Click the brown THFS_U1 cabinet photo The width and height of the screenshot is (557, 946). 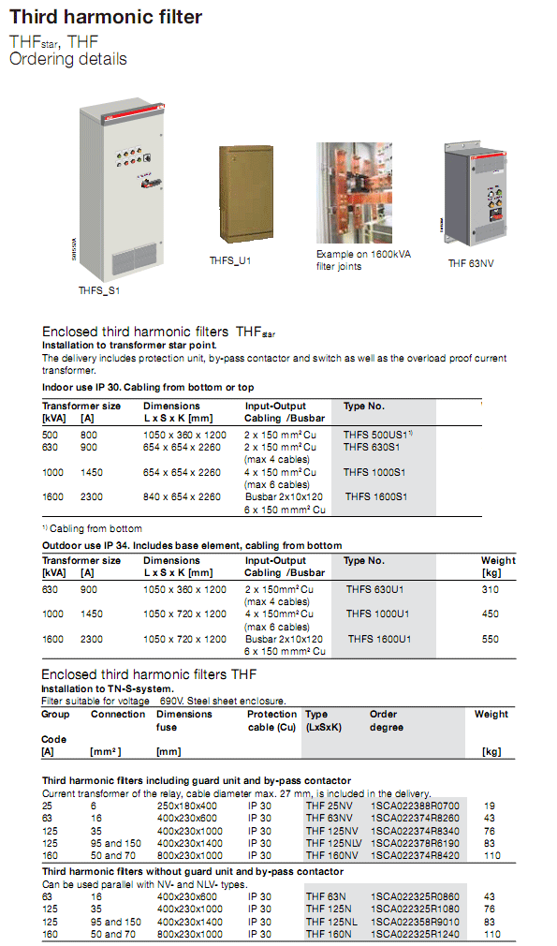pyautogui.click(x=246, y=196)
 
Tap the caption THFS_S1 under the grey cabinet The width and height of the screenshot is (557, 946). pyautogui.click(x=98, y=290)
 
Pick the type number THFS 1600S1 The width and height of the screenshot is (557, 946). pyautogui.click(x=378, y=496)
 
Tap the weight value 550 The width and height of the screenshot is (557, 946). pyautogui.click(x=490, y=639)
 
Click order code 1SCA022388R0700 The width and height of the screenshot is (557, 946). pyautogui.click(x=415, y=805)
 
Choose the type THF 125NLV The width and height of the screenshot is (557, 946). pyautogui.click(x=334, y=842)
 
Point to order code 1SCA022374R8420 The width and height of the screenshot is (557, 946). pyautogui.click(x=415, y=855)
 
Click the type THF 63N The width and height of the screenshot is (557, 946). pyautogui.click(x=326, y=896)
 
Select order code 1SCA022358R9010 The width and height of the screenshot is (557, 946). pyautogui.click(x=415, y=922)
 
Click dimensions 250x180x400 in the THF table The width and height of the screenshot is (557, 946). pyautogui.click(x=187, y=805)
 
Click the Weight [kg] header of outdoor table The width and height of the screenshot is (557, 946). pyautogui.click(x=496, y=566)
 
